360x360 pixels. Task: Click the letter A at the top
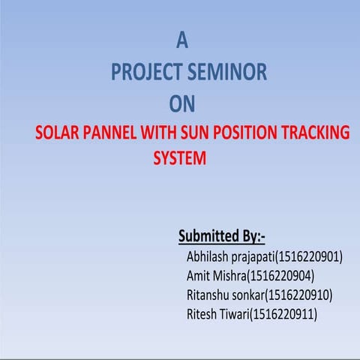(x=181, y=39)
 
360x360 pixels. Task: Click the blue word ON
(x=182, y=103)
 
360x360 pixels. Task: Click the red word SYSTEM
(x=178, y=159)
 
